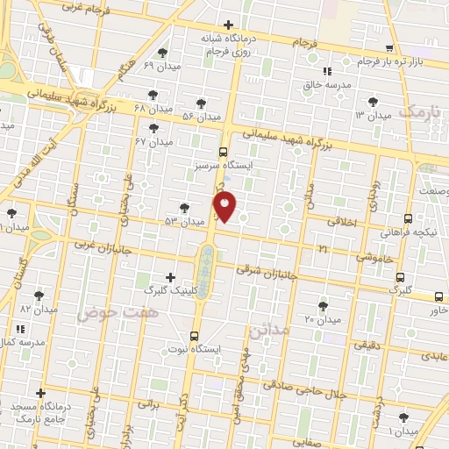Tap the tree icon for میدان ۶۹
(x=162, y=53)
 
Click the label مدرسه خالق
(x=326, y=85)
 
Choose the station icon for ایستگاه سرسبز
(x=224, y=151)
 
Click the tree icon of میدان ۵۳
(x=183, y=208)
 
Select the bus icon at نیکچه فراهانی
(x=408, y=219)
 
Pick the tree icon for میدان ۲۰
(x=324, y=306)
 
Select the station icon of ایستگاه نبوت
(x=195, y=335)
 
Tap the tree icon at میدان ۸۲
(x=38, y=296)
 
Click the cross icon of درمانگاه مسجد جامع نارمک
(x=40, y=394)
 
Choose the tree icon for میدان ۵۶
(x=201, y=103)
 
